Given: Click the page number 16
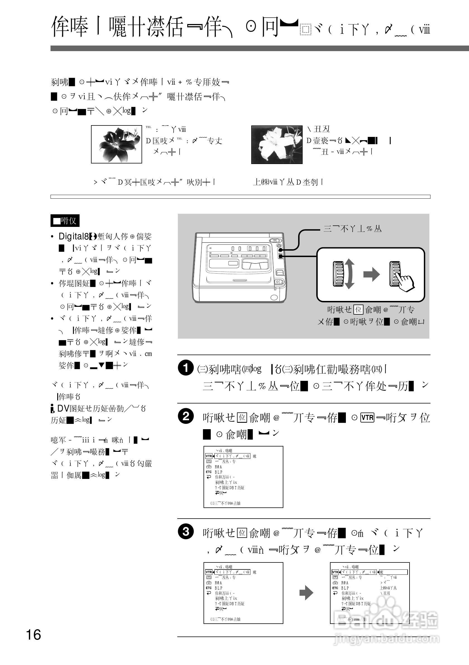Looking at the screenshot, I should (33, 635).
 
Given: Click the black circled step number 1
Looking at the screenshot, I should (185, 368).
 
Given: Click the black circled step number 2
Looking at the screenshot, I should (185, 417).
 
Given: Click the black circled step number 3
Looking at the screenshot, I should (185, 532).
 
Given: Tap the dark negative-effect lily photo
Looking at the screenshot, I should (116, 144).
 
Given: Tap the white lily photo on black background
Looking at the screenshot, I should (277, 144).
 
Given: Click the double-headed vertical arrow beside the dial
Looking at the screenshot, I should (350, 274).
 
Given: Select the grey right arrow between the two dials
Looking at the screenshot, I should (371, 274).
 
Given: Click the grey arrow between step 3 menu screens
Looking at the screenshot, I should (306, 592).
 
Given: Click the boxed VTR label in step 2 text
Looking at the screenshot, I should (367, 418).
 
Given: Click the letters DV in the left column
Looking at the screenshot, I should (63, 408).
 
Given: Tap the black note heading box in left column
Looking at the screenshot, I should (65, 221).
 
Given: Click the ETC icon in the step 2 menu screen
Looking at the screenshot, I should (209, 472).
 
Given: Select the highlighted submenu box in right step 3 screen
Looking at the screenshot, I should (393, 572).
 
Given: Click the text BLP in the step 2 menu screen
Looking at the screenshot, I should (218, 472).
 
